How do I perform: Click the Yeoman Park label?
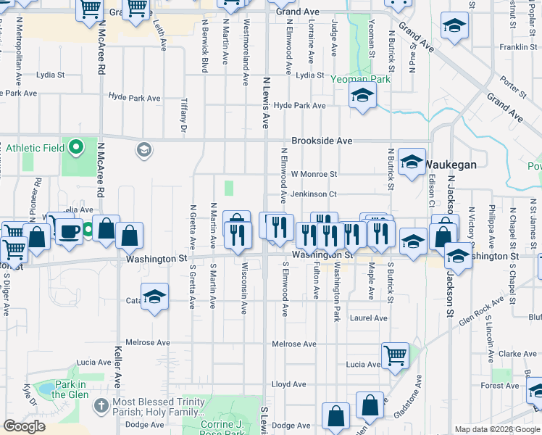[x=361, y=79]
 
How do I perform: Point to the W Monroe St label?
[x=314, y=174]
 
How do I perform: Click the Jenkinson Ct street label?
[x=314, y=194]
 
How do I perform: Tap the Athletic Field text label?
[x=36, y=149]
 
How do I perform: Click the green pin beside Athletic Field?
[x=77, y=149]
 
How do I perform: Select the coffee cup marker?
[x=70, y=232]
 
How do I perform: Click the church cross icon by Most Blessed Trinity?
[x=101, y=404]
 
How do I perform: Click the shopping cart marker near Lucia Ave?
[x=396, y=355]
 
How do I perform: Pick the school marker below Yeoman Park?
[x=362, y=96]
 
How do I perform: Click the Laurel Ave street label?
[x=369, y=318]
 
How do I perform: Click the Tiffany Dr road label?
[x=184, y=115]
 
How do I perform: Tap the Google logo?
[x=25, y=427]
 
